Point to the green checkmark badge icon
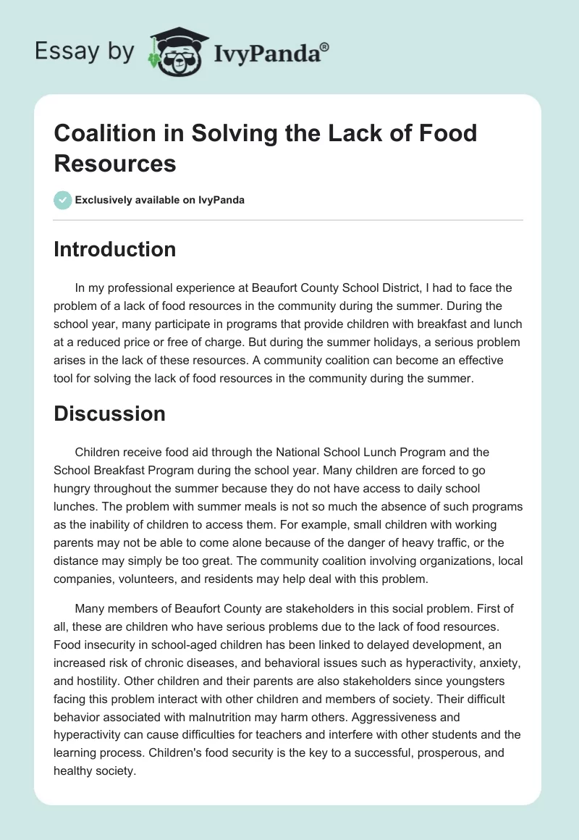62,200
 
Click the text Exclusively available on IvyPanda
159,200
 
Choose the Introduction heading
114,249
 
